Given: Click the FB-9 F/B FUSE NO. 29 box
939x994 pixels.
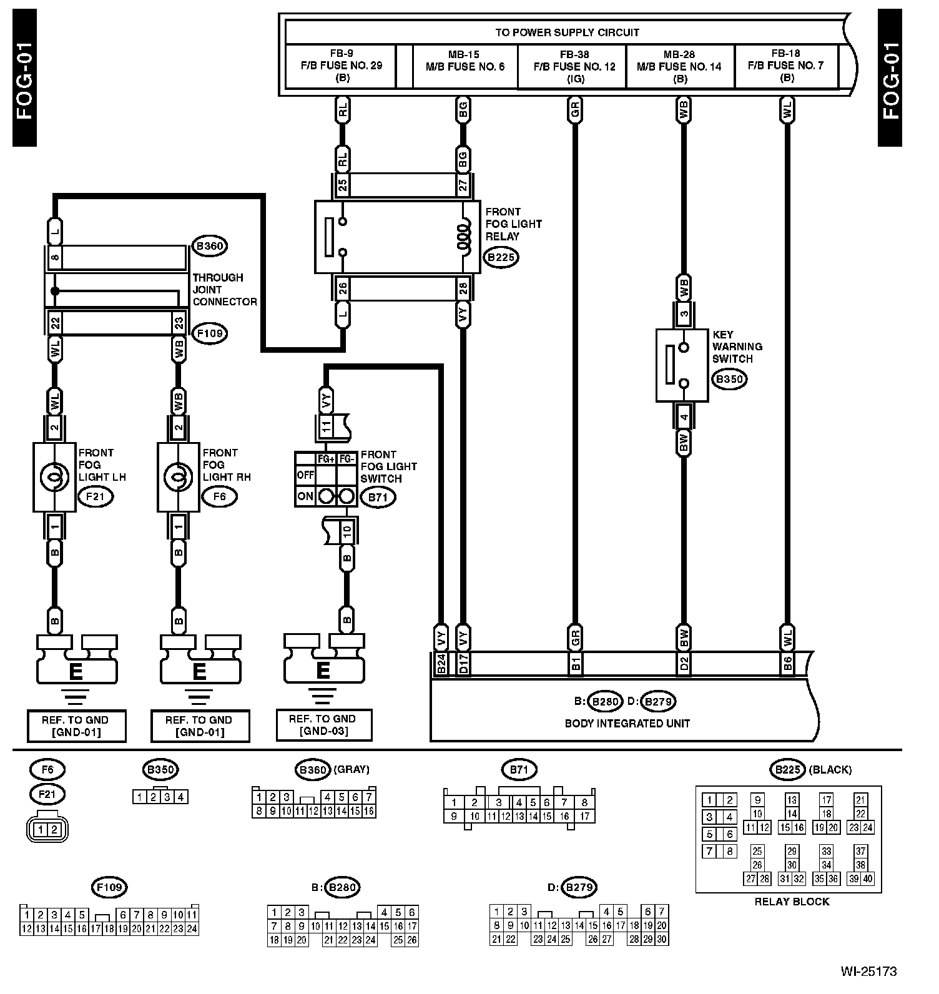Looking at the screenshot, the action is coord(341,66).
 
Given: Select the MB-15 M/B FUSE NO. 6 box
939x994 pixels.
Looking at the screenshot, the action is coord(465,66).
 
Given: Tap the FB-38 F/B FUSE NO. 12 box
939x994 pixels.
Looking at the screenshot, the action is coord(572,66).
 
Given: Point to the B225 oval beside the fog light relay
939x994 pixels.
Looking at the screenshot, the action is coord(502,257).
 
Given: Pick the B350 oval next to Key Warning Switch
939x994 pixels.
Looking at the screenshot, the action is coord(730,379).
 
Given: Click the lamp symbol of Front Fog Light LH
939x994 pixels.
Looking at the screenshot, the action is coord(54,478).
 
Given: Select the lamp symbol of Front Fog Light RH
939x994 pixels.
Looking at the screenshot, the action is coord(179,478).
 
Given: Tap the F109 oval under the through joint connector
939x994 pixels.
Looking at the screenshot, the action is coord(209,333).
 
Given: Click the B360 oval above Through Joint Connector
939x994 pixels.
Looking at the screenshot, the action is coord(209,246).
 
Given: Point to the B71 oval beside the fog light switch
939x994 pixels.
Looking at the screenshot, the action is coord(378,498).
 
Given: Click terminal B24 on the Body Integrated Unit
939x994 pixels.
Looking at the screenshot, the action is coord(441,663).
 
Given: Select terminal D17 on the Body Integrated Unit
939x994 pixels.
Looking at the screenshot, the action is coord(463,663).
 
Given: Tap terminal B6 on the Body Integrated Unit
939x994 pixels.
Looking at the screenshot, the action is coord(788,663).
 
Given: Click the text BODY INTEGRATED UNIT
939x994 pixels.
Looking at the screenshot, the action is coord(627,724).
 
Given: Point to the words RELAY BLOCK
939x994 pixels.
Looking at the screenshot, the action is coord(792,902).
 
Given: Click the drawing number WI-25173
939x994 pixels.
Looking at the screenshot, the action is coord(868,972).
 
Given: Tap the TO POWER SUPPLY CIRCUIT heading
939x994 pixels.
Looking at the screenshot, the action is coord(567,32).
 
